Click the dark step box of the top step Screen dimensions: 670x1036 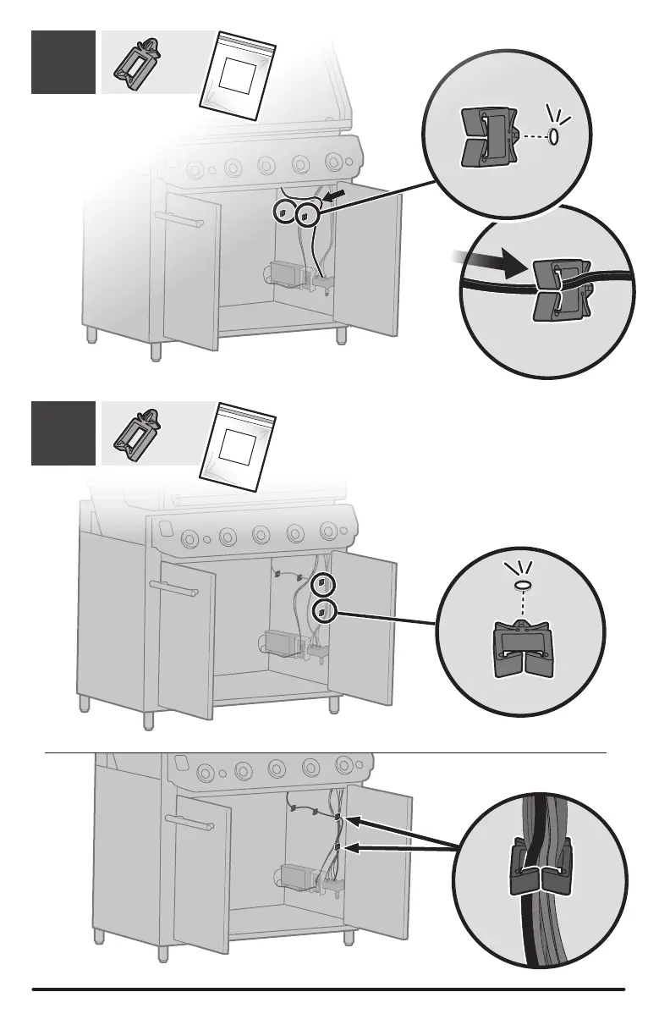coord(63,62)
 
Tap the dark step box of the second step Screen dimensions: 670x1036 coord(63,433)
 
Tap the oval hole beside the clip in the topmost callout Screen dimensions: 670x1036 coord(554,137)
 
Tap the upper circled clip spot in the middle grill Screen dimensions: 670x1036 coord(321,585)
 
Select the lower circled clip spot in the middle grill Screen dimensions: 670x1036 coord(321,611)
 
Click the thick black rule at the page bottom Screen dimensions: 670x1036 coord(328,989)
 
